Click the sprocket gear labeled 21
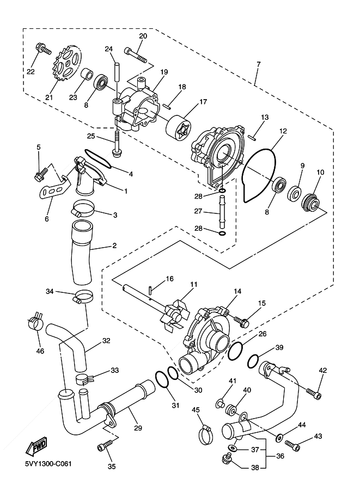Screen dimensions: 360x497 66,63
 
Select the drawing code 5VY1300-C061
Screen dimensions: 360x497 48,464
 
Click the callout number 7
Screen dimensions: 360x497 259,64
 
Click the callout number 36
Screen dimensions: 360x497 280,456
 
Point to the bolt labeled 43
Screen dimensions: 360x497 292,445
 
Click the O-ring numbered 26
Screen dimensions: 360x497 236,351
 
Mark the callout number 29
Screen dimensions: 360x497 138,428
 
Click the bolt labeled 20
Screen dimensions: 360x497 136,54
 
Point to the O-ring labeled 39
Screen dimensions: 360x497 253,361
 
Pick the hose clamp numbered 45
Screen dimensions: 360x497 206,435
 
